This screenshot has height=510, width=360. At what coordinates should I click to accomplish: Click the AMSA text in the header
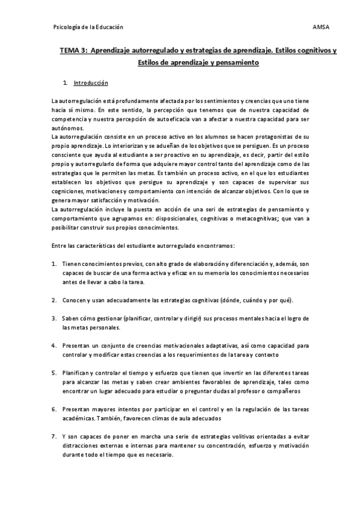tap(321, 27)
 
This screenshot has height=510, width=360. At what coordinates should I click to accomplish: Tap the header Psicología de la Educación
tap(88, 27)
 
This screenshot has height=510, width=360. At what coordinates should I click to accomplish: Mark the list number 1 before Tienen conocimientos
tap(55, 264)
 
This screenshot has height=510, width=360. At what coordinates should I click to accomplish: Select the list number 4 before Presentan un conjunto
tap(55, 346)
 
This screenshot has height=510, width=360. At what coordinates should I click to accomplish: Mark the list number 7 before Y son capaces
tap(55, 437)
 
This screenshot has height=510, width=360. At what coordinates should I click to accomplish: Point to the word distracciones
tap(82, 446)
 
